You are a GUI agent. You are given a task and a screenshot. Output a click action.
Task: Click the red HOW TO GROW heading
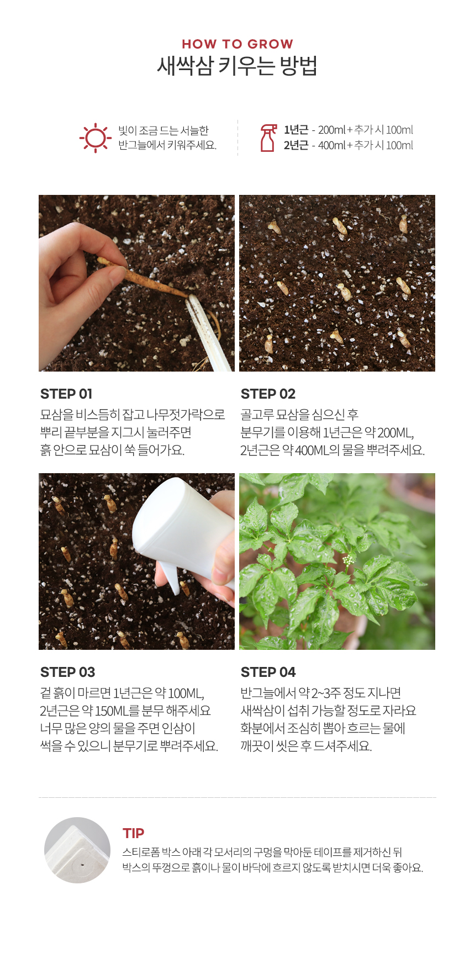tap(237, 44)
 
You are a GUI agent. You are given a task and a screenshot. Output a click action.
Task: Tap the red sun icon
tap(96, 137)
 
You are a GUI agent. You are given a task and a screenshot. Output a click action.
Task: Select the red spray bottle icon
tap(268, 137)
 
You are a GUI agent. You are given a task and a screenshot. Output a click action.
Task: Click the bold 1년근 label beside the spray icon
tap(296, 130)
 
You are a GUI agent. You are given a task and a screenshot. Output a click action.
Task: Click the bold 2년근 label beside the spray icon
tap(296, 145)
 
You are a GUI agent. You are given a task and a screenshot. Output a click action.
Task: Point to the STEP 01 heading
tap(66, 394)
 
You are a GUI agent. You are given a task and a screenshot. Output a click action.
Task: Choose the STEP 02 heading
tap(268, 394)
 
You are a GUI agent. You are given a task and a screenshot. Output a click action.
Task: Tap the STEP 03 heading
tap(67, 672)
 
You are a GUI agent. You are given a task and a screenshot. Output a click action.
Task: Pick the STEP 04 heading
tap(268, 672)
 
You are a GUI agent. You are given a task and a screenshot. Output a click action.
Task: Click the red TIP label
tap(134, 833)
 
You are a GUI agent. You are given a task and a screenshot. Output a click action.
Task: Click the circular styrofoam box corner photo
tap(77, 850)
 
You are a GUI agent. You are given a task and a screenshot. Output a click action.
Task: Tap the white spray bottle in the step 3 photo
tap(182, 530)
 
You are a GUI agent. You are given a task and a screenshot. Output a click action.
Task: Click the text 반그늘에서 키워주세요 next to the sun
tap(167, 145)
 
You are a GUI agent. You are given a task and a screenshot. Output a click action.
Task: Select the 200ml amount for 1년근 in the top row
tap(331, 130)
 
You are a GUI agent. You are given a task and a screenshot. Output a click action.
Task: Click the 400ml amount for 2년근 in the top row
tap(331, 145)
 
